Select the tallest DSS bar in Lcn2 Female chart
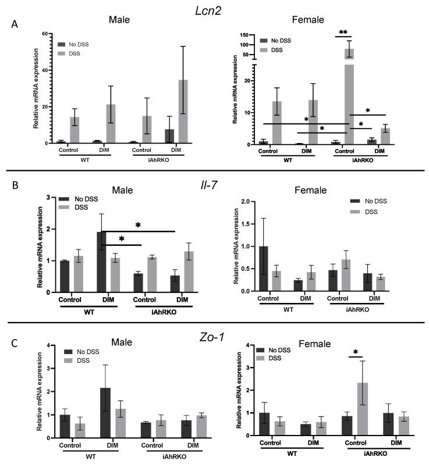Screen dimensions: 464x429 349,96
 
